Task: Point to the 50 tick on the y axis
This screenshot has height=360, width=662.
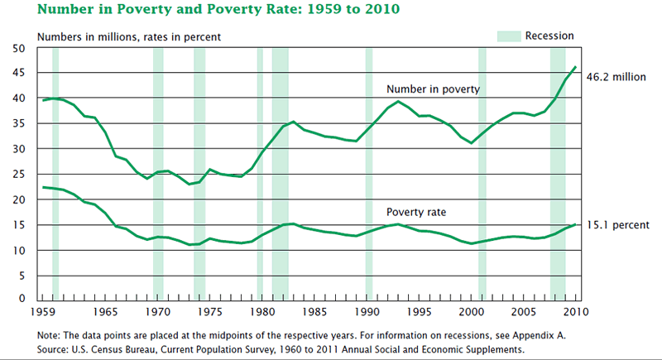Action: [x=21, y=48]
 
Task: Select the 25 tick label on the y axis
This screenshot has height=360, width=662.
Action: [x=21, y=174]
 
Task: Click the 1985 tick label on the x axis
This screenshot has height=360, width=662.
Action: [x=314, y=312]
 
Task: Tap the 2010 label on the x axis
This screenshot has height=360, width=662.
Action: [x=576, y=312]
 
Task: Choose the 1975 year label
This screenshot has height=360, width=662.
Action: [x=210, y=312]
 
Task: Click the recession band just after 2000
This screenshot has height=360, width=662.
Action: [x=482, y=174]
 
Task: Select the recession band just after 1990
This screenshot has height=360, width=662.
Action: [x=369, y=174]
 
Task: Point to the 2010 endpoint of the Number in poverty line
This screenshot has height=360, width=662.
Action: [x=576, y=67]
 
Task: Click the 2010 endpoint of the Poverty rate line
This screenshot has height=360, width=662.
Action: [x=576, y=223]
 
